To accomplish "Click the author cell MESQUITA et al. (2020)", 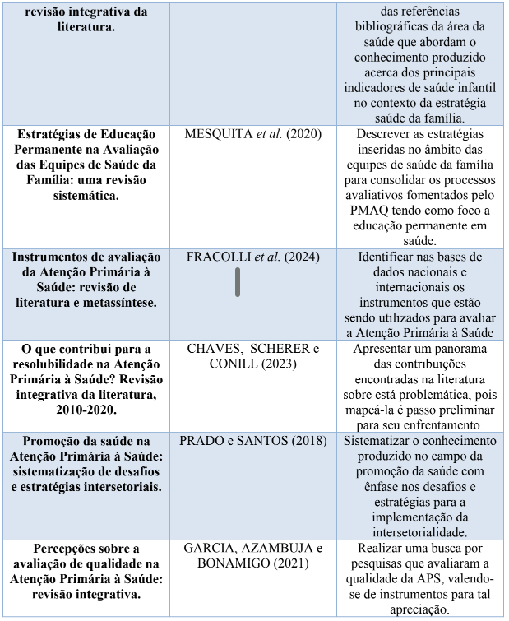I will pos(252,133).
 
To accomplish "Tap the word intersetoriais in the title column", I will pos(116,486).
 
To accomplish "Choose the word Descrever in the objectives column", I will pos(386,134).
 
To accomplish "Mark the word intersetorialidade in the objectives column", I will pos(420,532).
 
